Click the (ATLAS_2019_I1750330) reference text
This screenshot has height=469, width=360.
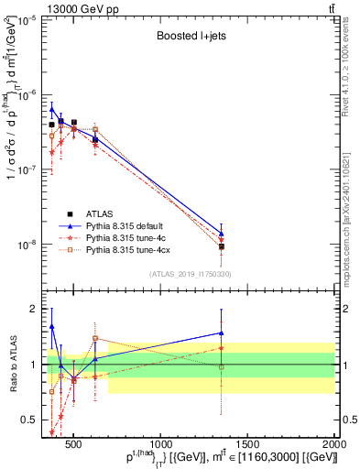point(190,274)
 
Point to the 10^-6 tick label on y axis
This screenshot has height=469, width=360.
point(29,95)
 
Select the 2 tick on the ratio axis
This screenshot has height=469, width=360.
point(37,309)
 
